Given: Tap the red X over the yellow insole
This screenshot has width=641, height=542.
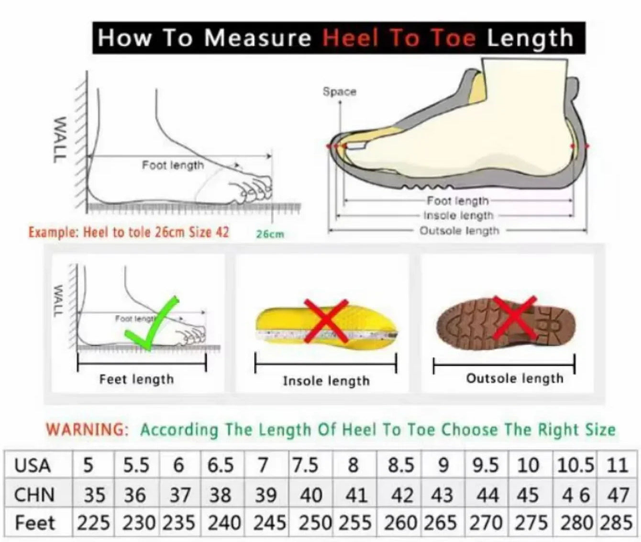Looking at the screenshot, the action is click(x=326, y=320).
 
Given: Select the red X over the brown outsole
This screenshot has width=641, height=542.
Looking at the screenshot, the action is click(x=515, y=317).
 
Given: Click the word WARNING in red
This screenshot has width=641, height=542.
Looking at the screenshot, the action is click(x=87, y=430).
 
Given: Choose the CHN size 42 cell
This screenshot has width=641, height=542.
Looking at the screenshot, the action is click(x=402, y=495).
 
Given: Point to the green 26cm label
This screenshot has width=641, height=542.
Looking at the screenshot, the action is click(x=270, y=234).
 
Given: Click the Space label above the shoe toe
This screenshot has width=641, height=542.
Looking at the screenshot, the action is click(x=339, y=91).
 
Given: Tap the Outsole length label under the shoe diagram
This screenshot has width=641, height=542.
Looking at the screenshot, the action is click(x=459, y=231).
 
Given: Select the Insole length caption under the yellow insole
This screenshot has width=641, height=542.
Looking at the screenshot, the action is click(x=327, y=381).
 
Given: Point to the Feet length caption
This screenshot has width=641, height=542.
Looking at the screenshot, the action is click(x=136, y=379).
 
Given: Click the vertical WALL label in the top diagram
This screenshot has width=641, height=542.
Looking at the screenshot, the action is click(x=59, y=139).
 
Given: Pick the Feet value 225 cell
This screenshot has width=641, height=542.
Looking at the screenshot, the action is click(x=93, y=523).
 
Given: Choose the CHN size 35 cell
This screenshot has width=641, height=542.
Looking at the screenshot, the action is click(x=94, y=495).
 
